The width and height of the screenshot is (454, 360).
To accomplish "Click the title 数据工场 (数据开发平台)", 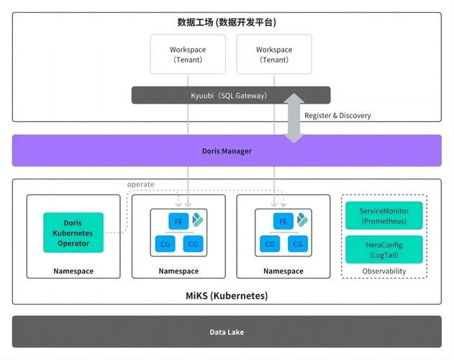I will [227, 22].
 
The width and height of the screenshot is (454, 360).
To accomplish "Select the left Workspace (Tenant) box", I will [188, 55].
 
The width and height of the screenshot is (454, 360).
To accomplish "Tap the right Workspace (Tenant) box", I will [274, 55].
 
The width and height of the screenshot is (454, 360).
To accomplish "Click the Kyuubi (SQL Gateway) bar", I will [230, 95].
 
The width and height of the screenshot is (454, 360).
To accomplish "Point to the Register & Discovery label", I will [337, 115].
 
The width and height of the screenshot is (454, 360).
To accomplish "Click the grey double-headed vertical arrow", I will [294, 117].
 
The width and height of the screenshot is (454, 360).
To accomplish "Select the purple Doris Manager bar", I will [227, 150].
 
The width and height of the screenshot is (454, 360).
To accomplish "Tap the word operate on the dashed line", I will [140, 184].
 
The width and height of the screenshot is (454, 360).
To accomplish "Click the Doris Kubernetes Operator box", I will [73, 233].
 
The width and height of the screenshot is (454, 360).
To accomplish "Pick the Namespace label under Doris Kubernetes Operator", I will [73, 271].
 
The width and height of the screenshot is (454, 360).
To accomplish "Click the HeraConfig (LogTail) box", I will [383, 250].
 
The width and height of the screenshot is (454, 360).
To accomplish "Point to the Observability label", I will [383, 271].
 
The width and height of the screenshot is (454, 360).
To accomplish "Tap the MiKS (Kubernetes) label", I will [227, 295].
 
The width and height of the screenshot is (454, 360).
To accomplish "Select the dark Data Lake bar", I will [227, 332].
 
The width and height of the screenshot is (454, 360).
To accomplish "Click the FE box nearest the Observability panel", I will [283, 221].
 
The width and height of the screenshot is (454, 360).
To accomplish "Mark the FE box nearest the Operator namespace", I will [178, 221].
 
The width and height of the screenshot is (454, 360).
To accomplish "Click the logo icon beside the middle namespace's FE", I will [197, 220].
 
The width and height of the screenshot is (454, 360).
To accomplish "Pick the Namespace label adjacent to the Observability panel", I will [283, 271].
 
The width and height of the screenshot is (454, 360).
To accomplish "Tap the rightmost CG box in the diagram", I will [296, 244].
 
